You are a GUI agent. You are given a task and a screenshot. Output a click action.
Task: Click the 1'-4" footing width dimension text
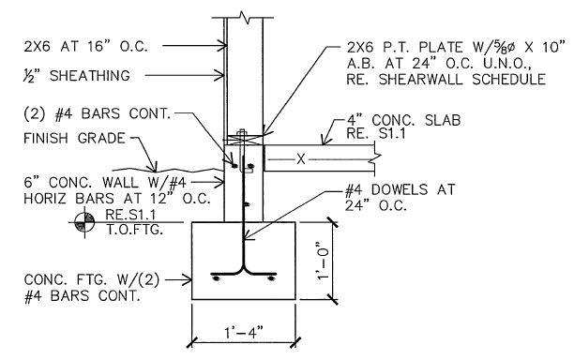(x=244, y=333)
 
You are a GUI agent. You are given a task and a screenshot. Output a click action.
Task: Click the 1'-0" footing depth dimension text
(x=324, y=261)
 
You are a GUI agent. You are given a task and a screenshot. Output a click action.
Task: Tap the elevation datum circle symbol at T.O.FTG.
(x=84, y=222)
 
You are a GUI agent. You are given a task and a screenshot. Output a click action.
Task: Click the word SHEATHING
(x=90, y=76)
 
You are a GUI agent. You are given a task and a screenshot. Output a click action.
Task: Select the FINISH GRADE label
(x=74, y=139)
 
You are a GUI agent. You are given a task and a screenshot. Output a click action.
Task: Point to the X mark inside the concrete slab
(x=300, y=159)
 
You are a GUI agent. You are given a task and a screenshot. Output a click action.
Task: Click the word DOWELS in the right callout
(x=400, y=189)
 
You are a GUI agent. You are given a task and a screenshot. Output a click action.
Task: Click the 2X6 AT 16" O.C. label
(x=85, y=47)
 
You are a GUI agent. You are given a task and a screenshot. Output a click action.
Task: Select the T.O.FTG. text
(x=134, y=230)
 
